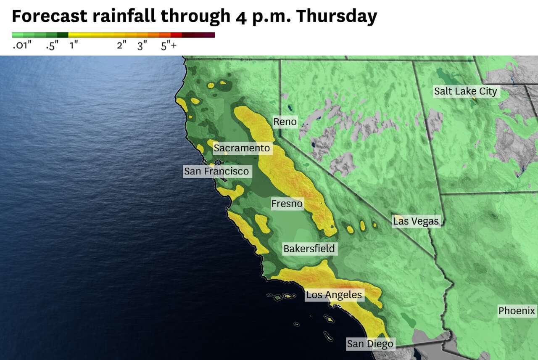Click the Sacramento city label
(x=241, y=148)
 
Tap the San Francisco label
(x=216, y=171)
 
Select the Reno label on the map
(x=285, y=122)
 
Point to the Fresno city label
(x=287, y=204)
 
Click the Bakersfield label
(x=309, y=249)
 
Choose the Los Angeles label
(x=334, y=295)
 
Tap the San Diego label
(x=370, y=344)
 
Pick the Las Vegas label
(x=416, y=221)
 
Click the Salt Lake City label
(x=465, y=91)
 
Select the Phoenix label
(x=517, y=311)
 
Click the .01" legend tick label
(x=22, y=46)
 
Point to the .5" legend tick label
(x=52, y=46)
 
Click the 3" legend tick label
(x=142, y=46)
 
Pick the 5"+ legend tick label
(x=169, y=46)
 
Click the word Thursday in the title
(x=336, y=16)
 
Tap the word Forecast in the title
(x=50, y=16)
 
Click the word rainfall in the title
(x=124, y=16)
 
